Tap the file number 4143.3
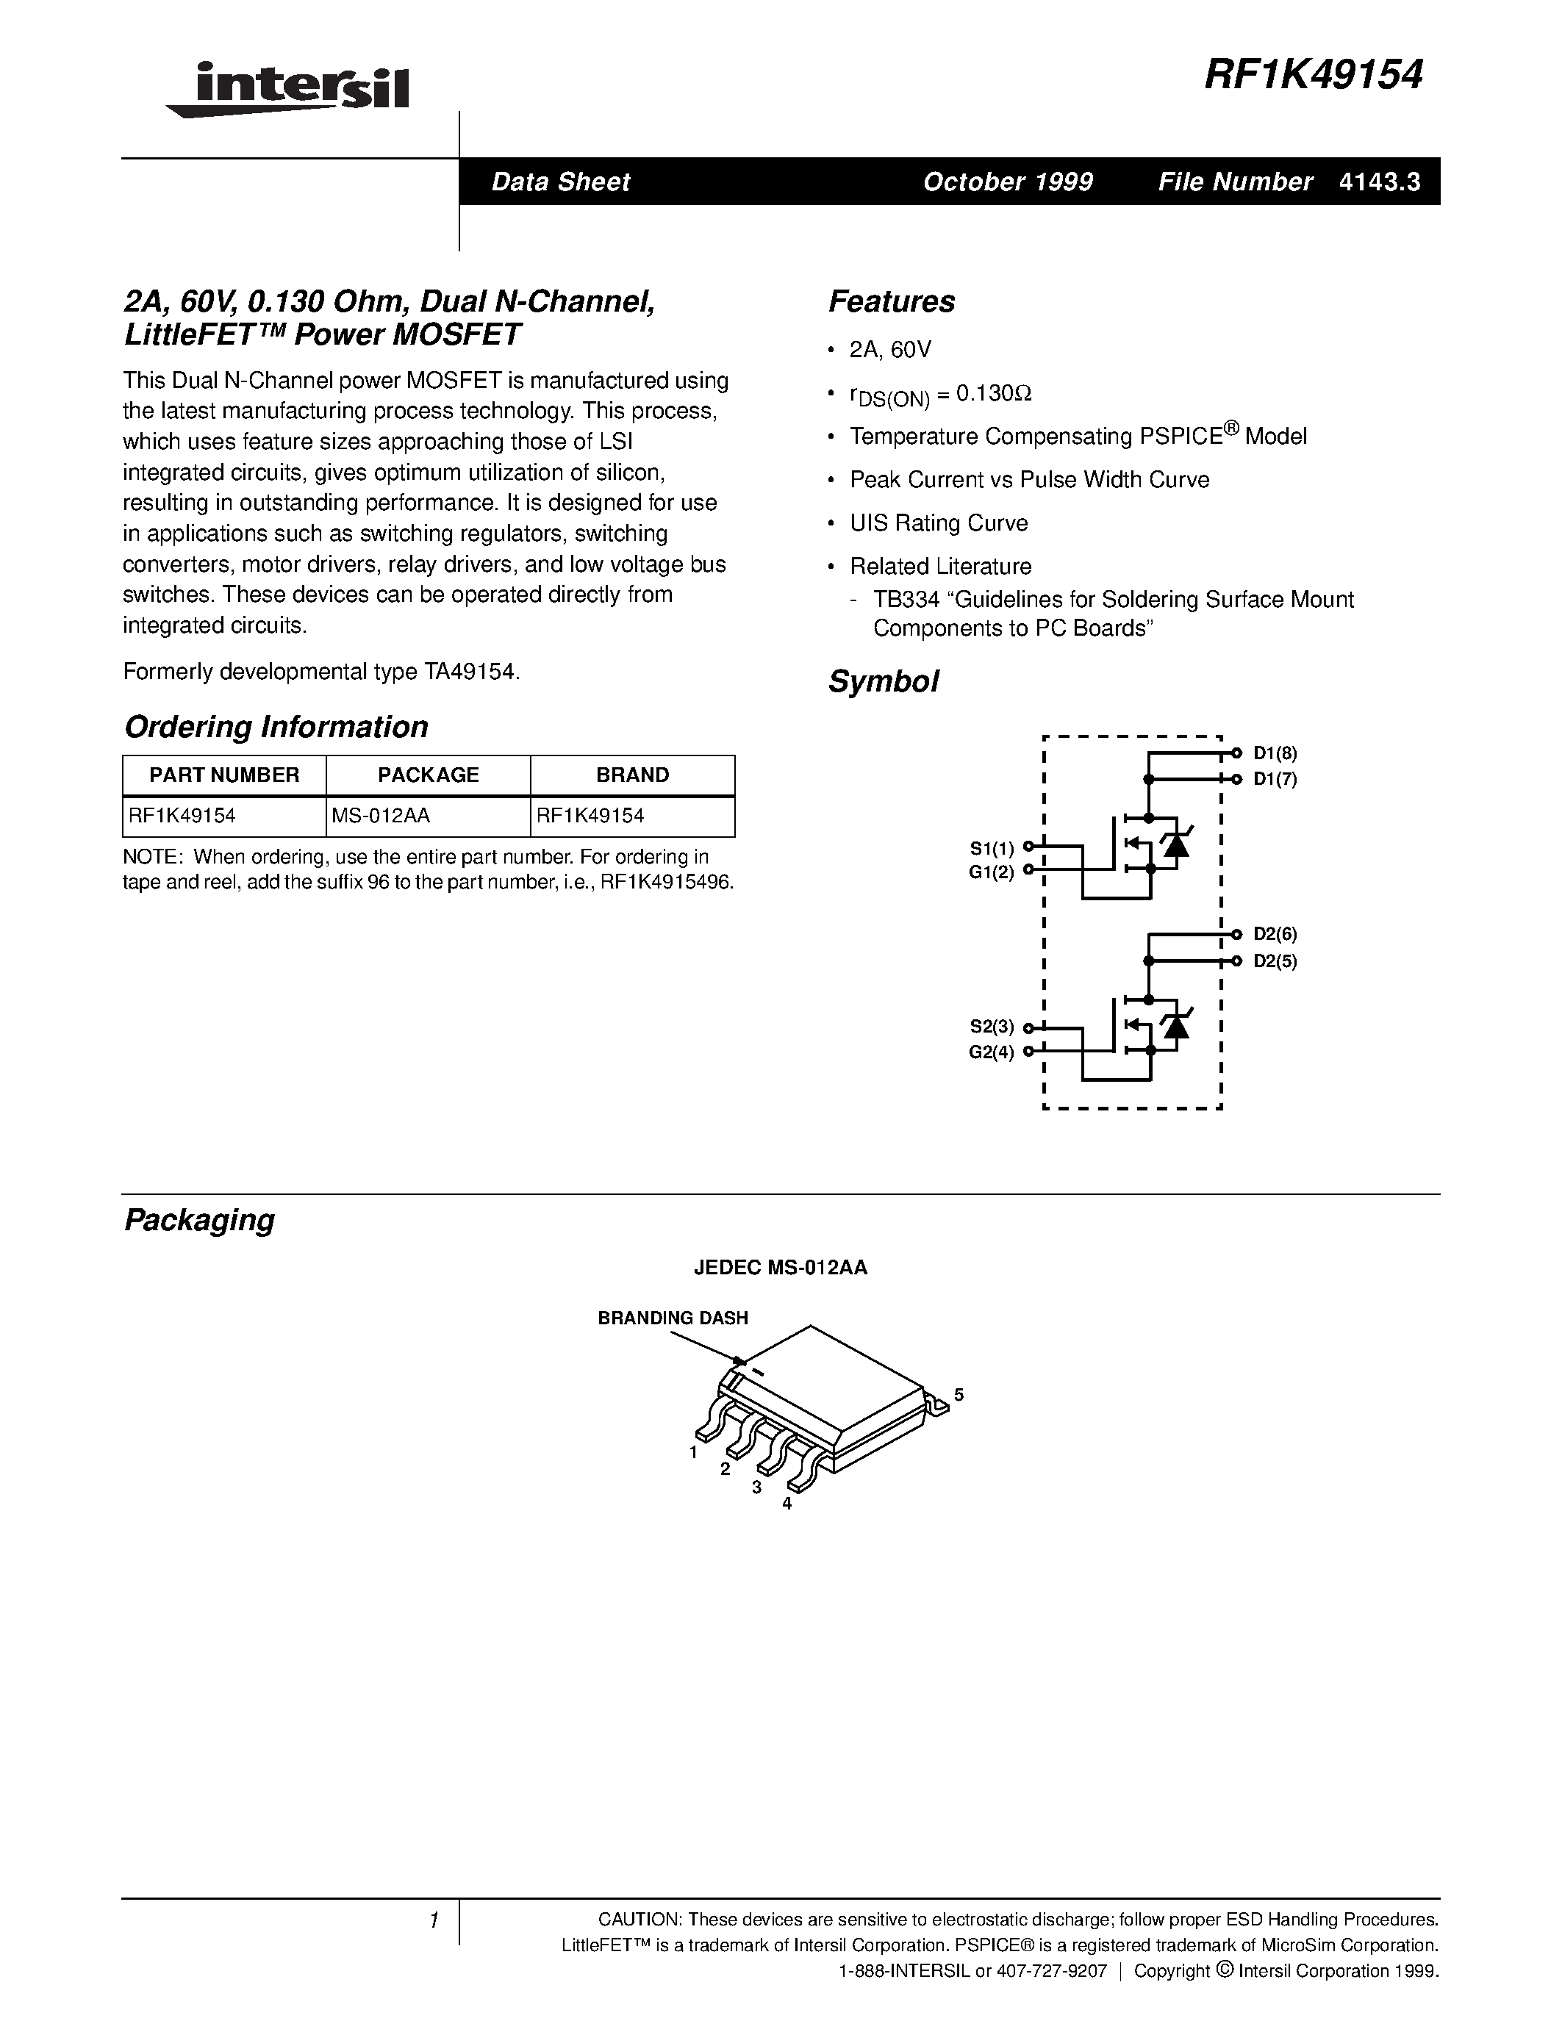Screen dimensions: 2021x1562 [1379, 182]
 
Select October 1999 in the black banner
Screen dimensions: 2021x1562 [1008, 182]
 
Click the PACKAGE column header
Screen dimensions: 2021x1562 [429, 775]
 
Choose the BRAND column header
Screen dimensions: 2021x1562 [633, 775]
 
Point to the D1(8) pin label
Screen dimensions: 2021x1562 [1275, 753]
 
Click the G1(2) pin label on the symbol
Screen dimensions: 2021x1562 [991, 872]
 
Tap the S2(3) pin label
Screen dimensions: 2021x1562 [991, 1026]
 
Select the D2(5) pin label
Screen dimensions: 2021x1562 [1275, 961]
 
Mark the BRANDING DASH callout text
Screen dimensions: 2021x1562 [673, 1318]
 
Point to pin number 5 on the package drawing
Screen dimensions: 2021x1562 [959, 1395]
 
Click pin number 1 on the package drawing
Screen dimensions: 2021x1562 [693, 1453]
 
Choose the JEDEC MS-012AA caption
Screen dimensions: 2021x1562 [780, 1268]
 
